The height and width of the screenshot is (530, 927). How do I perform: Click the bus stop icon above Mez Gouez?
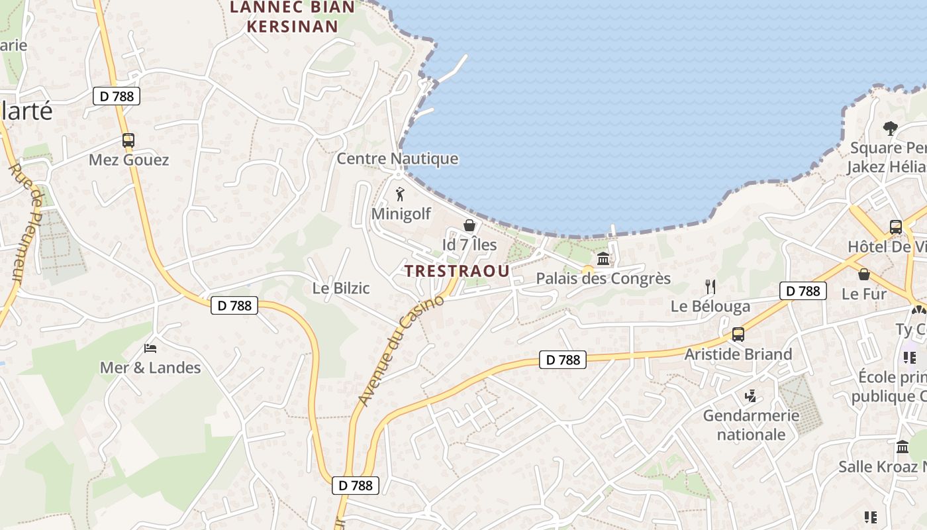pyautogui.click(x=128, y=140)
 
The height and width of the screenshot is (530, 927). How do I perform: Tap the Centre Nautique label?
pyautogui.click(x=397, y=159)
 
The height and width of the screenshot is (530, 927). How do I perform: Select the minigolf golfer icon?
pyautogui.click(x=400, y=195)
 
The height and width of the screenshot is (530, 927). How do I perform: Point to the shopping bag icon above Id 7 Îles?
pyautogui.click(x=469, y=225)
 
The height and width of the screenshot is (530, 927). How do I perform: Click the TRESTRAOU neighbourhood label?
pyautogui.click(x=457, y=271)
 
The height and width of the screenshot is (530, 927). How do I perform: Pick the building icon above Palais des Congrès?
pyautogui.click(x=603, y=258)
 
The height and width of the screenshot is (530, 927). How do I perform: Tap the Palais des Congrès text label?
pyautogui.click(x=603, y=278)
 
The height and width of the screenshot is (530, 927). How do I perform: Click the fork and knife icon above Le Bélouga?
pyautogui.click(x=710, y=287)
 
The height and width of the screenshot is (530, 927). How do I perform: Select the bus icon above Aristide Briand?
pyautogui.click(x=738, y=335)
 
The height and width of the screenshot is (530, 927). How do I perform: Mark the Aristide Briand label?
pyautogui.click(x=738, y=354)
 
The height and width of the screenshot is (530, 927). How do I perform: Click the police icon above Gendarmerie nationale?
pyautogui.click(x=750, y=397)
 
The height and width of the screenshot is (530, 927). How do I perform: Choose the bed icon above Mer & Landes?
pyautogui.click(x=150, y=348)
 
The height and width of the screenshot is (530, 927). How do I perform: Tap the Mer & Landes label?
pyautogui.click(x=150, y=368)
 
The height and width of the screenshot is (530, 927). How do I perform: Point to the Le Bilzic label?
pyautogui.click(x=341, y=289)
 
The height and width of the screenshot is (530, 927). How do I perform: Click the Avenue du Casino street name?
pyautogui.click(x=401, y=351)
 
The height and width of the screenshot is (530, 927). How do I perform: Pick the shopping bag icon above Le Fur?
pyautogui.click(x=863, y=274)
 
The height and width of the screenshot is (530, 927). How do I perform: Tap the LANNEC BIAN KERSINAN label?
pyautogui.click(x=291, y=17)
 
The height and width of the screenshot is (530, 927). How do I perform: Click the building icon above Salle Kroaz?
pyautogui.click(x=902, y=447)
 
